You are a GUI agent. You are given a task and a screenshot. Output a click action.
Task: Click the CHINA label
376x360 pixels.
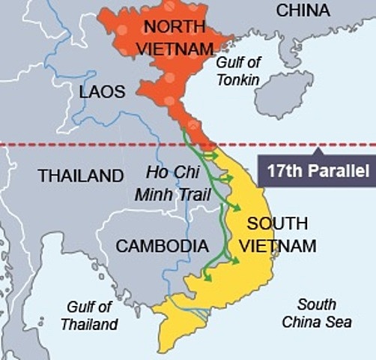[x=303, y=10]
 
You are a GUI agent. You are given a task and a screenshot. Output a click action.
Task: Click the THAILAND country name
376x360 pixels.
[x=81, y=176]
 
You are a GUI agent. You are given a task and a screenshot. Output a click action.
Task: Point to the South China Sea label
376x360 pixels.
[x=315, y=314]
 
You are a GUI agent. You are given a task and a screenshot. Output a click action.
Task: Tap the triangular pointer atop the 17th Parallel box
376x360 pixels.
[x=318, y=151]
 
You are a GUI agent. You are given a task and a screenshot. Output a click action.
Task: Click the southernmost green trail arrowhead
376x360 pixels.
[x=208, y=277]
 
